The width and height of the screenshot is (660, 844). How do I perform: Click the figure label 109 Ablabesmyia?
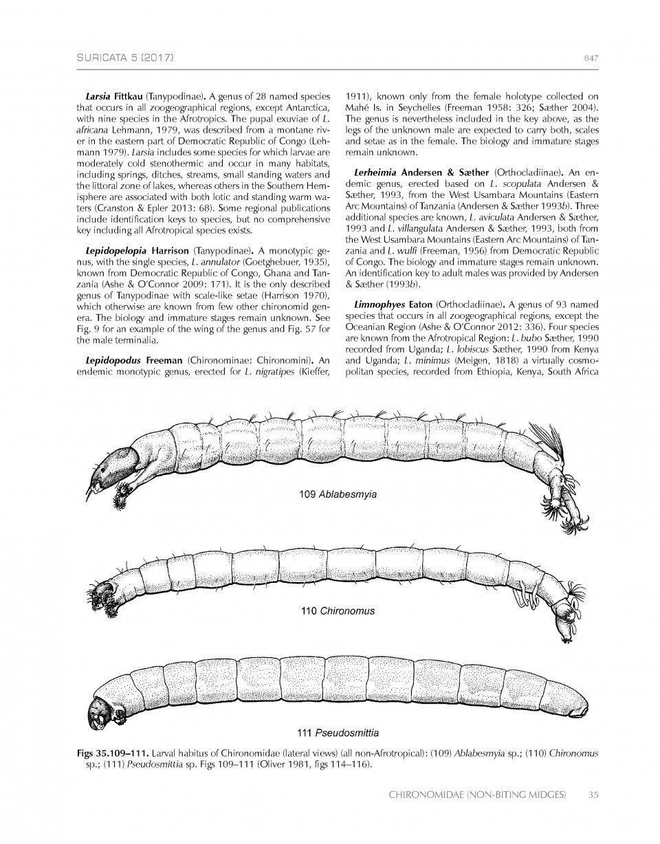[338, 494]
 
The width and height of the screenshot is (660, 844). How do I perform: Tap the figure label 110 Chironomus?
[338, 610]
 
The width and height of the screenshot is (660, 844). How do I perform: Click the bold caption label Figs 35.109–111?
[111, 753]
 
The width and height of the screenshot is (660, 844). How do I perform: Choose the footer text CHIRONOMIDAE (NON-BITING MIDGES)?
[477, 795]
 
